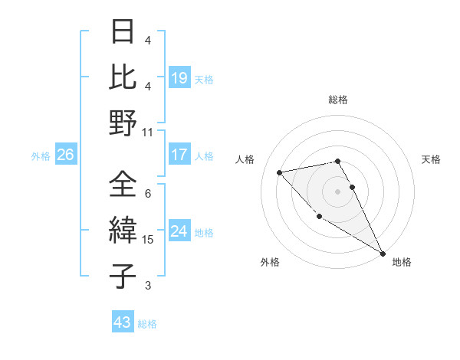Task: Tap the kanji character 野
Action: (123, 123)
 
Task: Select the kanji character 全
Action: (123, 184)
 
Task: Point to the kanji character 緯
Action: (123, 231)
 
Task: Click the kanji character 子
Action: (123, 276)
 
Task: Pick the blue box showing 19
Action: (179, 77)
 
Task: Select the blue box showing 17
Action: (179, 155)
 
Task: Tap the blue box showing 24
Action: (179, 231)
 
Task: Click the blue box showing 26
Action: (65, 155)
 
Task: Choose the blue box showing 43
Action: (123, 322)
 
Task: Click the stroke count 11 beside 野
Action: (148, 132)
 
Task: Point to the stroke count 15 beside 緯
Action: (148, 240)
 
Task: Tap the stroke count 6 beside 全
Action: (148, 194)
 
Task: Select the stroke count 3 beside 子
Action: (148, 286)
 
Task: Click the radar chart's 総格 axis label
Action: (337, 100)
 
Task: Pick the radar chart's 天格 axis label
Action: (431, 159)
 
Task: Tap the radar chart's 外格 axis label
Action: (270, 262)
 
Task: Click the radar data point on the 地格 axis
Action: (383, 254)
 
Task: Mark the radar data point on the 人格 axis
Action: (280, 172)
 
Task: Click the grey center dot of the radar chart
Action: (337, 191)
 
